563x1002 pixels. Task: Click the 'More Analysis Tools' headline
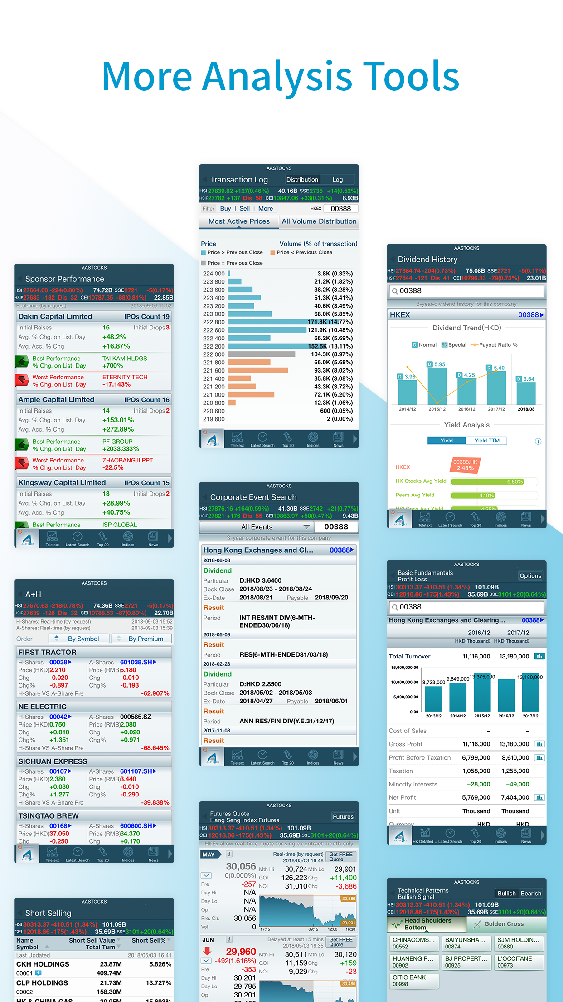pyautogui.click(x=281, y=76)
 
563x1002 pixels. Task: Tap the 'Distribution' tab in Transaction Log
pyautogui.click(x=302, y=180)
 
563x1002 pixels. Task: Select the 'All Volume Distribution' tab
pyautogui.click(x=319, y=221)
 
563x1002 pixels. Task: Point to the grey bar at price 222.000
pyautogui.click(x=262, y=354)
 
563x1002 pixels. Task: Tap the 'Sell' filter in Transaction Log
pyautogui.click(x=245, y=209)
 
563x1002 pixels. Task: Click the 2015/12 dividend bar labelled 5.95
pyautogui.click(x=437, y=386)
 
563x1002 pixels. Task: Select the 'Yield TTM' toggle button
pyautogui.click(x=487, y=441)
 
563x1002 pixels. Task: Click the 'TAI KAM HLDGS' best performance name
pyautogui.click(x=125, y=359)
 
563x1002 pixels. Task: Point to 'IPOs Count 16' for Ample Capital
pyautogui.click(x=147, y=400)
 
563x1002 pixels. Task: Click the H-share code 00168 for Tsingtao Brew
pyautogui.click(x=59, y=826)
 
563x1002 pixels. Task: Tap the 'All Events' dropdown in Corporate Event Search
pyautogui.click(x=257, y=527)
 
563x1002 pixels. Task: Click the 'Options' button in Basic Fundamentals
pyautogui.click(x=530, y=576)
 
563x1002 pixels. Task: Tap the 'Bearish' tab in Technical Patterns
pyautogui.click(x=531, y=894)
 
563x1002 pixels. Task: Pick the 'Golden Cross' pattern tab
pyautogui.click(x=504, y=924)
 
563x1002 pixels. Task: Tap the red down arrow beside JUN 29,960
pyautogui.click(x=207, y=951)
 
